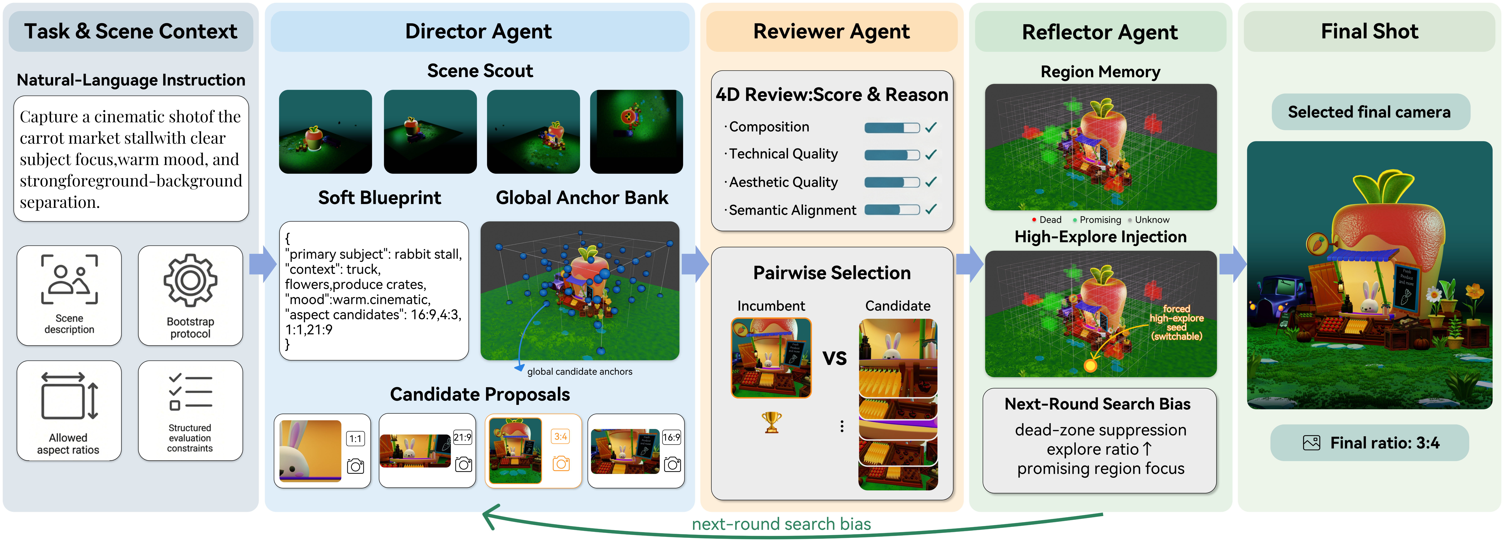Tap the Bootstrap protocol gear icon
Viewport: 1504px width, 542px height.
point(190,280)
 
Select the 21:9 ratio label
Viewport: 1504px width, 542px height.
point(462,437)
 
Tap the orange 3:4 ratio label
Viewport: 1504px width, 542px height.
point(561,436)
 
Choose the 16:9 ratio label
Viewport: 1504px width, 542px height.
point(671,437)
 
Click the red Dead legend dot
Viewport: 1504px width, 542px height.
point(1034,220)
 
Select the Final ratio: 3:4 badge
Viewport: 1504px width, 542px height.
point(1369,443)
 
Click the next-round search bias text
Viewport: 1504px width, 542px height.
point(781,524)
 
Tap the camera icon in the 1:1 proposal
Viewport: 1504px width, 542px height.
point(356,466)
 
